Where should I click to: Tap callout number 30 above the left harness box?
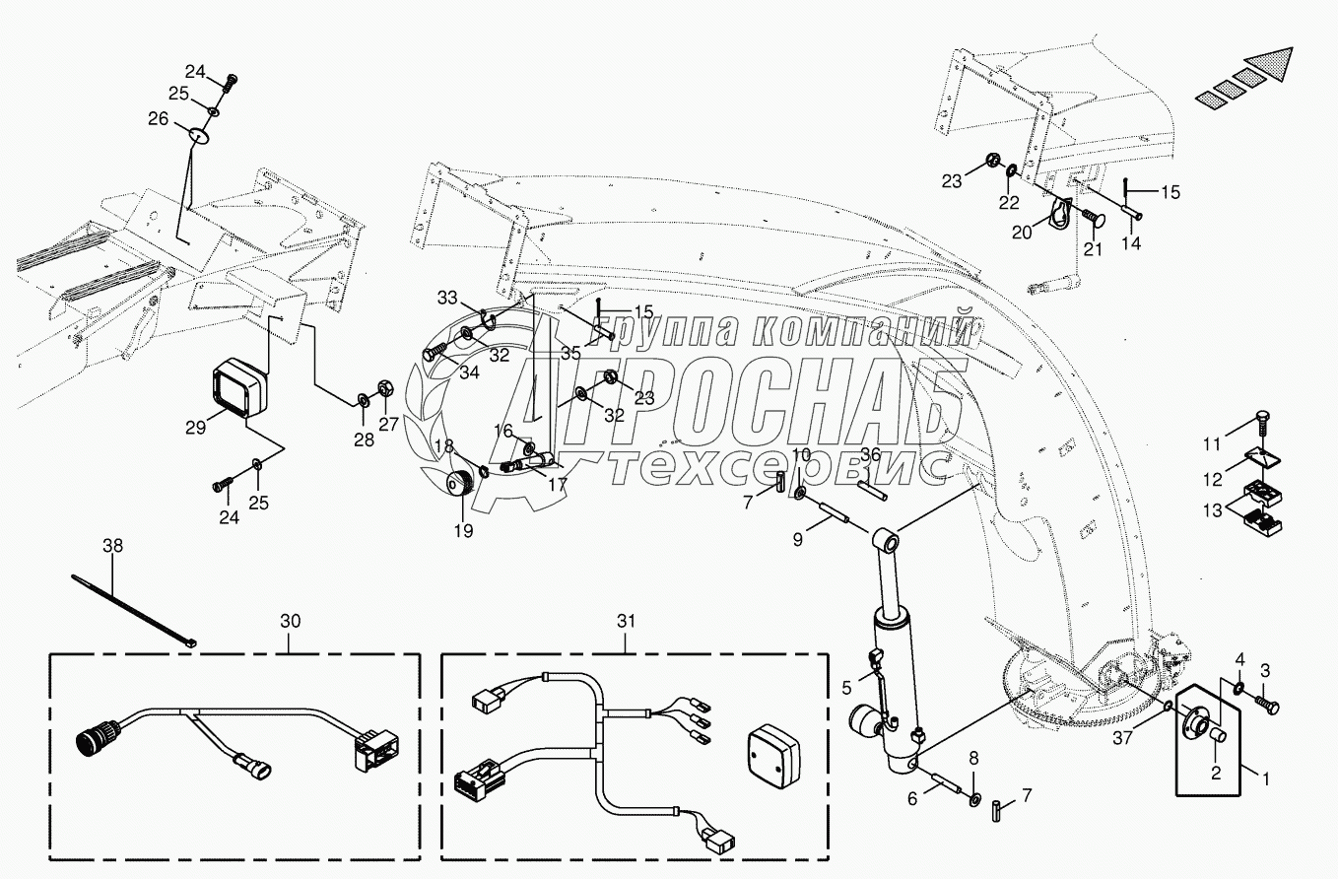291,622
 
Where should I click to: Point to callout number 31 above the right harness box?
627,622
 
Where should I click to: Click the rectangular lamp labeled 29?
241,390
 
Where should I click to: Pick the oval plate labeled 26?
199,133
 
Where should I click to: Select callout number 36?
870,454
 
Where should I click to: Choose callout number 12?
1211,480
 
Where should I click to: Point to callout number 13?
1211,509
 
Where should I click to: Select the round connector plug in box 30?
92,740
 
